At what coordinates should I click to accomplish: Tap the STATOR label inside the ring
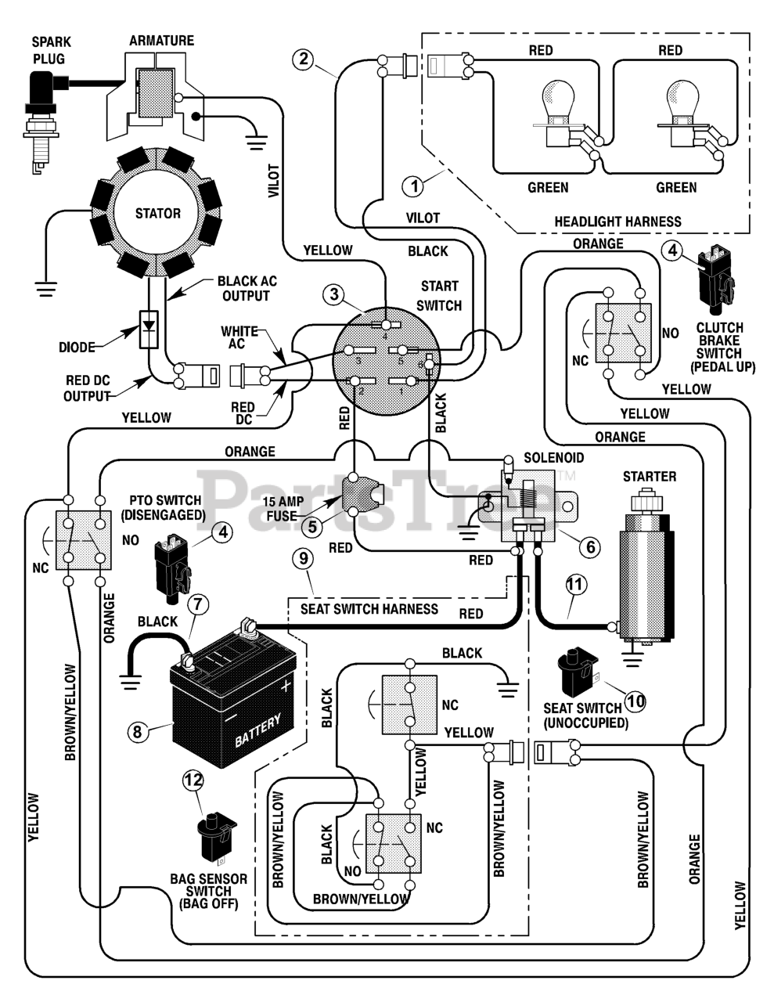[157, 214]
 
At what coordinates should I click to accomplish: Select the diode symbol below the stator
[149, 330]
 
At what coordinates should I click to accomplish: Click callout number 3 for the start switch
[334, 294]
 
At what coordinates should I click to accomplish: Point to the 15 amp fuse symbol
[362, 494]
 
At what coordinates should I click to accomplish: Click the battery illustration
[232, 692]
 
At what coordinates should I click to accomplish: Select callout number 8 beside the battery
[138, 731]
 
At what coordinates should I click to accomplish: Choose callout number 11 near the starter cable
[576, 584]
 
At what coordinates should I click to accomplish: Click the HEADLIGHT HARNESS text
[617, 222]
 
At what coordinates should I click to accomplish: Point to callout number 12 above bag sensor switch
[193, 780]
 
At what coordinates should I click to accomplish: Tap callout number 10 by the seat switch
[635, 701]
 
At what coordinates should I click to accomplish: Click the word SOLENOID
[553, 457]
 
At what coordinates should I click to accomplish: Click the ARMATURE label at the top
[162, 41]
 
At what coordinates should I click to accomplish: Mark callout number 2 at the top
[304, 59]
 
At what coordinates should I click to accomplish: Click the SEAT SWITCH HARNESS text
[369, 609]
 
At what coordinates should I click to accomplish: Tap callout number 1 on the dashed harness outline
[413, 186]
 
